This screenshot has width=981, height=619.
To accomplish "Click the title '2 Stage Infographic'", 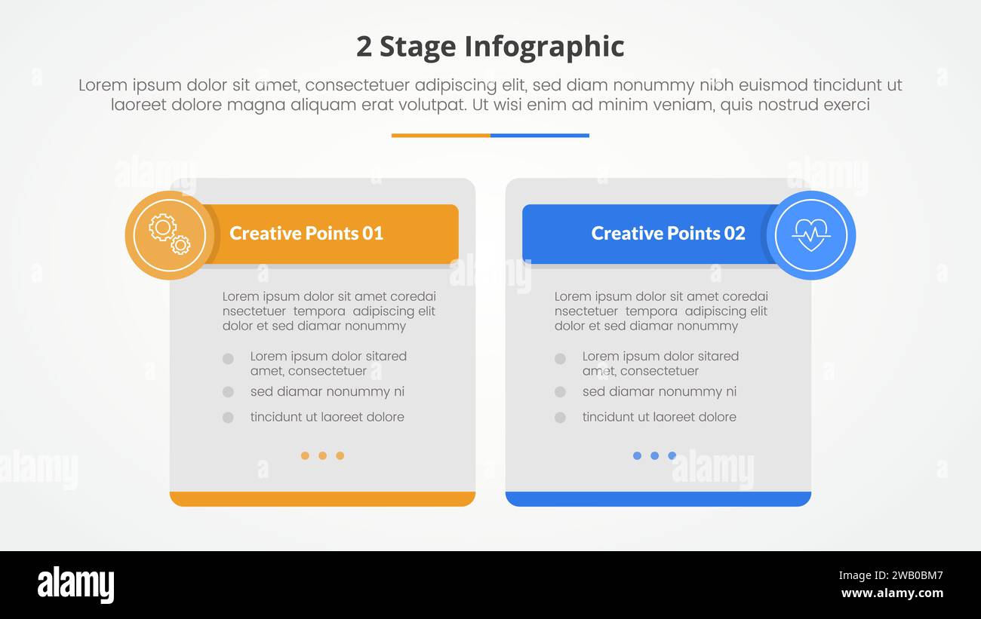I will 490,47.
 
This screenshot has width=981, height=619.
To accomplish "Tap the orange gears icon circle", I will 169,235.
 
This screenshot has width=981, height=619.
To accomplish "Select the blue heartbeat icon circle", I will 810,235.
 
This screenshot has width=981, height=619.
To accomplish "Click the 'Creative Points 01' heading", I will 306,234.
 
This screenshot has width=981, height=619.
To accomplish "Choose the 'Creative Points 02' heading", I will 668,234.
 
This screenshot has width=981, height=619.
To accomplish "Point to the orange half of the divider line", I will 441,136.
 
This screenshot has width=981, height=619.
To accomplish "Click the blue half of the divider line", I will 540,136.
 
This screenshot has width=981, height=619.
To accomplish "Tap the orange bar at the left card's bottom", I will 322,499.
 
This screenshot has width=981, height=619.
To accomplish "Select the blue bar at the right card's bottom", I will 658,499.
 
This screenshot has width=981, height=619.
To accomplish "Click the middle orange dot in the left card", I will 322,455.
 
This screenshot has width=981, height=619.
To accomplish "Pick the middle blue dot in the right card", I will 654,455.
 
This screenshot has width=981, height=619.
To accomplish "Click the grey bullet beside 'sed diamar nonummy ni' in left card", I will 228,392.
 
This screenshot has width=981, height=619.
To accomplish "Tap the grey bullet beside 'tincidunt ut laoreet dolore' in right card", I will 560,417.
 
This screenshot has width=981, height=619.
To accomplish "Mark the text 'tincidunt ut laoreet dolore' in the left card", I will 327,417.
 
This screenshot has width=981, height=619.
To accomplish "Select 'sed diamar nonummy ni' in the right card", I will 659,392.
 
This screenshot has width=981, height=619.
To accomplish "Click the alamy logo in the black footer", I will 75,585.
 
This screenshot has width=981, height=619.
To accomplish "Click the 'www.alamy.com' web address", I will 891,593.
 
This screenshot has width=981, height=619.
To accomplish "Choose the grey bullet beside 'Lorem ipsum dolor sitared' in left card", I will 228,359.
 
